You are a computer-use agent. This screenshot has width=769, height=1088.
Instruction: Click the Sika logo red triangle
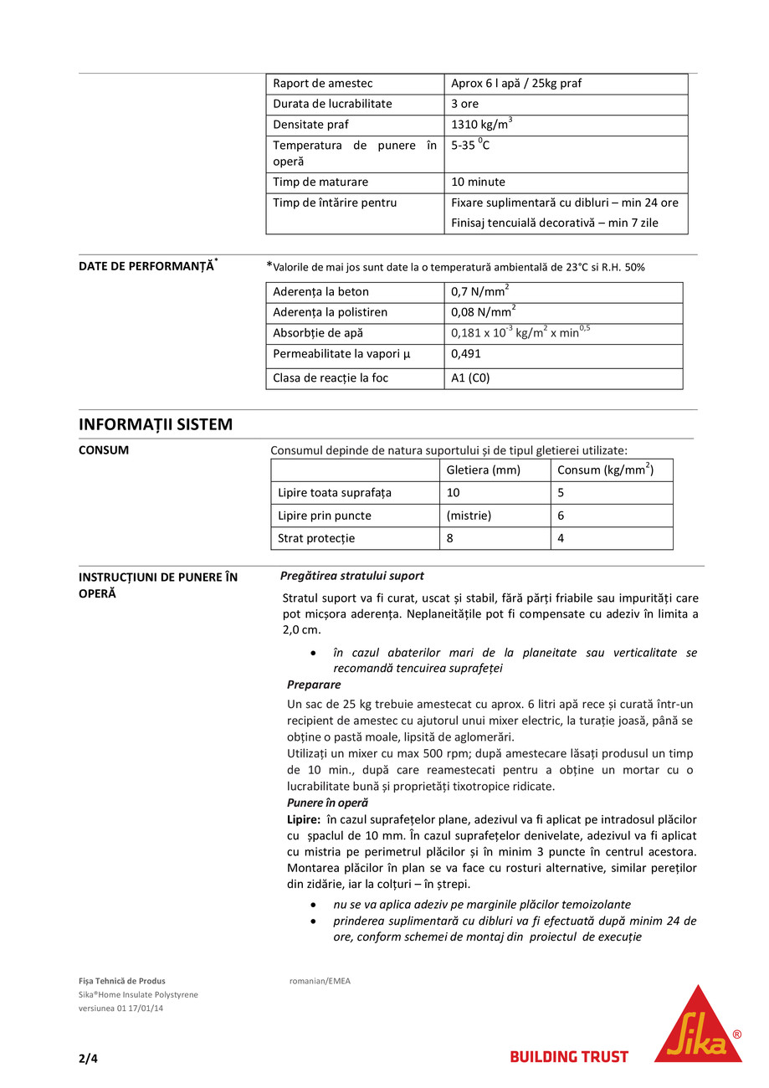[697, 1029]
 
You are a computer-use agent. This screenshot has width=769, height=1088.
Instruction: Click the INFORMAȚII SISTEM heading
[156, 424]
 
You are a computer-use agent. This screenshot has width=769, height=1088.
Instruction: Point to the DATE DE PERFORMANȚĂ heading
[146, 266]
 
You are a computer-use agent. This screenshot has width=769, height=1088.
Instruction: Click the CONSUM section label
[104, 450]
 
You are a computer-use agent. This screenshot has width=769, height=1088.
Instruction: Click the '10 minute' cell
[478, 182]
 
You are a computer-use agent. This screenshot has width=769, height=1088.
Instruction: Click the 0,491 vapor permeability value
[465, 353]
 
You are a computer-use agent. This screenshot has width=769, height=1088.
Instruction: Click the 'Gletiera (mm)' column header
[483, 470]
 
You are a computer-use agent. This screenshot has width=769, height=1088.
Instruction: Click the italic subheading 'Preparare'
[314, 685]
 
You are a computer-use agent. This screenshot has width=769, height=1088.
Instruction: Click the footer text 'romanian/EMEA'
[320, 981]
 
